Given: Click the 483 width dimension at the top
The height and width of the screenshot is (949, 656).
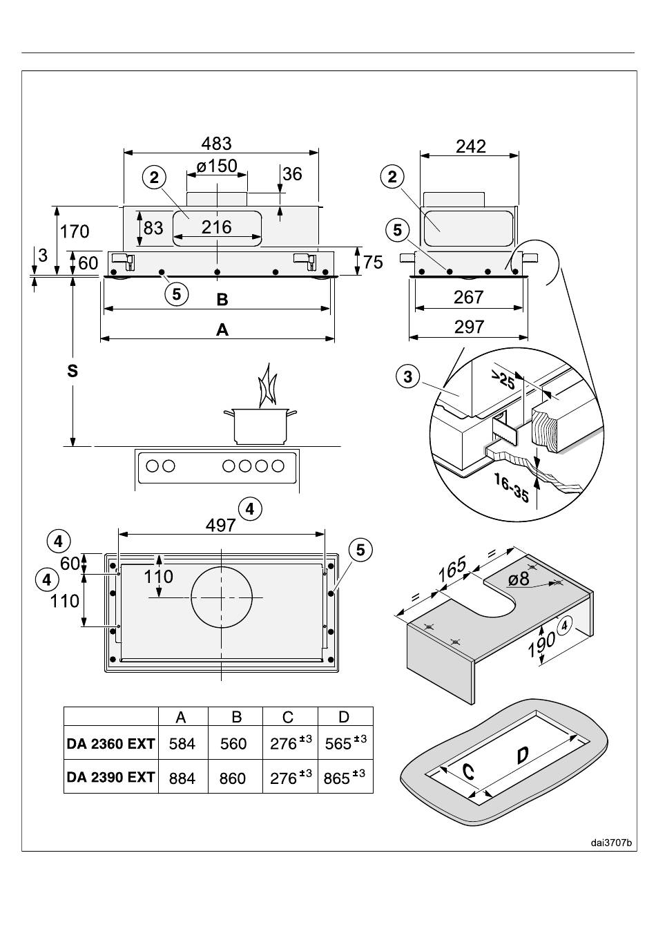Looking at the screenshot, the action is pyautogui.click(x=216, y=144).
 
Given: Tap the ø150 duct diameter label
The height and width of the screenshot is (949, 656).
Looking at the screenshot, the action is pyautogui.click(x=217, y=166).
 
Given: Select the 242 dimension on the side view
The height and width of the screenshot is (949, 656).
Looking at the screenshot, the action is pyautogui.click(x=470, y=146).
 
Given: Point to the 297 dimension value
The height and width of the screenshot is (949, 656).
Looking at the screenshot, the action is pyautogui.click(x=469, y=327).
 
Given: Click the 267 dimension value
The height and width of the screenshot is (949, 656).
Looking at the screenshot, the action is pyautogui.click(x=468, y=297).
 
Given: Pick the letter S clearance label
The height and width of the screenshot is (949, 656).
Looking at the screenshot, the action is pyautogui.click(x=73, y=371).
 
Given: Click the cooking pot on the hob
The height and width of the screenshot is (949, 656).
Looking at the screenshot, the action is pyautogui.click(x=260, y=425).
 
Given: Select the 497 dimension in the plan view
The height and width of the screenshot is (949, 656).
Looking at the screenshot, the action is pyautogui.click(x=221, y=526).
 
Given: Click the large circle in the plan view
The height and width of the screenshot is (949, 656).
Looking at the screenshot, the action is pyautogui.click(x=222, y=597).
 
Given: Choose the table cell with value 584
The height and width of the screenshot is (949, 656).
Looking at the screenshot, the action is pyautogui.click(x=182, y=744).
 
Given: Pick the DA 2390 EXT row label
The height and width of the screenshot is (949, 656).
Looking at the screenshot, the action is pyautogui.click(x=110, y=777).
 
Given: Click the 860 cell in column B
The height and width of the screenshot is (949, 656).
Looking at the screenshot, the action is pyautogui.click(x=233, y=778).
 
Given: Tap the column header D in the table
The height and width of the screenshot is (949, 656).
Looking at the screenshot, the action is pyautogui.click(x=343, y=717).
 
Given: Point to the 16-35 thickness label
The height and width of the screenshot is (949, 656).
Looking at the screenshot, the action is pyautogui.click(x=512, y=488).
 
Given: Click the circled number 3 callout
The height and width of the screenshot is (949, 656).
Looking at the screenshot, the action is pyautogui.click(x=407, y=376).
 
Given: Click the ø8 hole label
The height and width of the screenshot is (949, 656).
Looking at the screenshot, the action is pyautogui.click(x=519, y=578).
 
